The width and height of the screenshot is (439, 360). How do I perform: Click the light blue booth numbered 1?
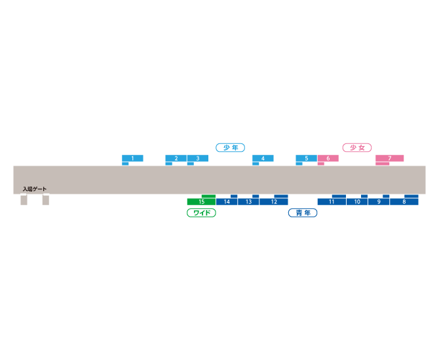tap(132, 158)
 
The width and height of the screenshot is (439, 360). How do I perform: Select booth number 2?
tap(176, 158)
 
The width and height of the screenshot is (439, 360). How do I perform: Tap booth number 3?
tap(198, 158)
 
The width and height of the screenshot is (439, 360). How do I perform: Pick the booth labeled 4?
tap(263, 158)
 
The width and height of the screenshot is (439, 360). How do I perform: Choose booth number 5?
tap(306, 158)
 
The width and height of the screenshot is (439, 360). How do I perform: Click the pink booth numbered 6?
tap(328, 158)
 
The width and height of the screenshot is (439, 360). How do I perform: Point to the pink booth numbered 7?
tap(390, 158)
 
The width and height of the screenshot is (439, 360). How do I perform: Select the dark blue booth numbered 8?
tap(404, 202)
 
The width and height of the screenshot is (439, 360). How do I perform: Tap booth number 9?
tap(379, 202)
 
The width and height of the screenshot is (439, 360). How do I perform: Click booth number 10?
tap(357, 202)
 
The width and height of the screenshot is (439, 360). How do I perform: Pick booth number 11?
tap(332, 202)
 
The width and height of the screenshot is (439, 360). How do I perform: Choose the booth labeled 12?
tap(274, 202)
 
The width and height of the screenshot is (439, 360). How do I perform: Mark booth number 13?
tap(248, 202)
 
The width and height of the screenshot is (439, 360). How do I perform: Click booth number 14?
tap(227, 202)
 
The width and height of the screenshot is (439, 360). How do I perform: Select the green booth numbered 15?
tap(201, 202)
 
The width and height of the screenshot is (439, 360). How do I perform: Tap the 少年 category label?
tap(231, 147)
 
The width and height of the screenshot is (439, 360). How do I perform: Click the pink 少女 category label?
tap(357, 147)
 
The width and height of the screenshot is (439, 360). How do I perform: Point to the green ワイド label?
tap(201, 213)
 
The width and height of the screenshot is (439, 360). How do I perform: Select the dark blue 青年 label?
tap(303, 213)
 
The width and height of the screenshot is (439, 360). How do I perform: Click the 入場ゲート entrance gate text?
tap(35, 189)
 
